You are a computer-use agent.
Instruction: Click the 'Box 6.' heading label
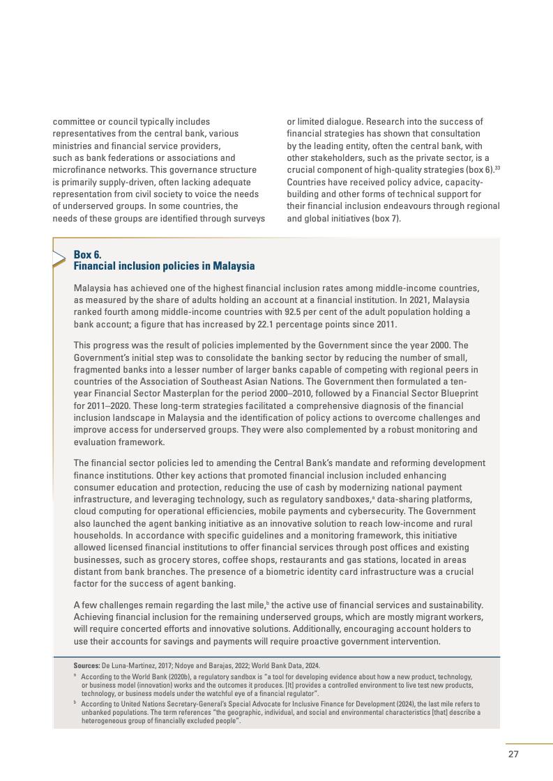87,254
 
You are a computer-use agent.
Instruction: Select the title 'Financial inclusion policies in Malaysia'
164,266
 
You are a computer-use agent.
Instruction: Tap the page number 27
513,754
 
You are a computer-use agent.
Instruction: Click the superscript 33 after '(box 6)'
497,167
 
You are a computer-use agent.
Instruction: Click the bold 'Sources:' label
86,665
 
